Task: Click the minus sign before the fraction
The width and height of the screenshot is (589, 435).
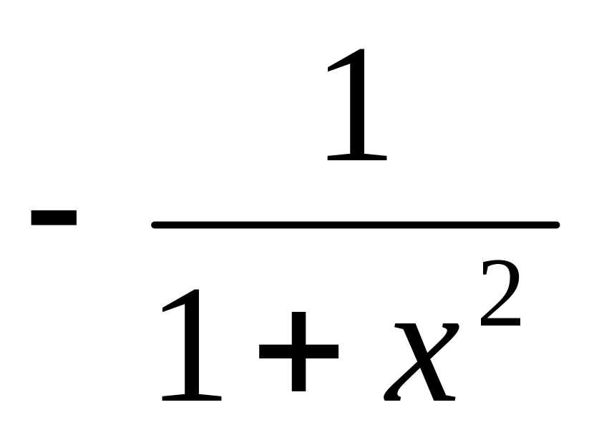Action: [54, 217]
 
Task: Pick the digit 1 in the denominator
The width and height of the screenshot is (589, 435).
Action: [192, 343]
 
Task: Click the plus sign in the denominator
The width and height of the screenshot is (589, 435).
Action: [298, 351]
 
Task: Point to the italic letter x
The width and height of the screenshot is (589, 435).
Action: [422, 361]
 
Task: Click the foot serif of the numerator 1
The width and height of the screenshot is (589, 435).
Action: [356, 155]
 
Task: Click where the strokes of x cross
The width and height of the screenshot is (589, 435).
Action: [422, 361]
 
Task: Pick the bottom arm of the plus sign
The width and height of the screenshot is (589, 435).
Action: [298, 380]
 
